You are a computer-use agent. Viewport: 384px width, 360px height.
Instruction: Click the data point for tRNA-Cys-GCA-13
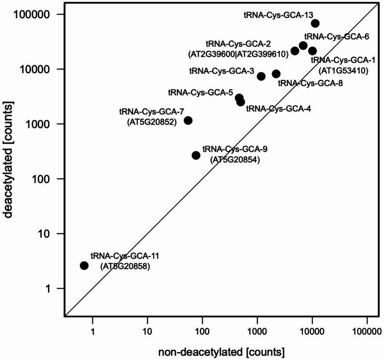tap(315, 24)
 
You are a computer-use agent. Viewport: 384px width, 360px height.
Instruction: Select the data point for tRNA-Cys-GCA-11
tap(84, 266)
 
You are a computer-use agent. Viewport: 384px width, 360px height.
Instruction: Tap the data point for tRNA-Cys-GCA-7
tap(188, 121)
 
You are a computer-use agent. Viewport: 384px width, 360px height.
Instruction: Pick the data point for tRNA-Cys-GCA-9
tap(196, 155)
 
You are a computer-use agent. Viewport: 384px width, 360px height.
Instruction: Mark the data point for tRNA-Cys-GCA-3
tap(261, 76)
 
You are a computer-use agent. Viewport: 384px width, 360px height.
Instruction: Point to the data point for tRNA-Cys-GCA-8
tap(276, 74)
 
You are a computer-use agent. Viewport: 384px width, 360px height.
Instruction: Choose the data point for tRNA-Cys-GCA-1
tap(312, 51)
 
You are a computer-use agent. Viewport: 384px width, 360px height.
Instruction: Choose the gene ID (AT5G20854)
tap(235, 160)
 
